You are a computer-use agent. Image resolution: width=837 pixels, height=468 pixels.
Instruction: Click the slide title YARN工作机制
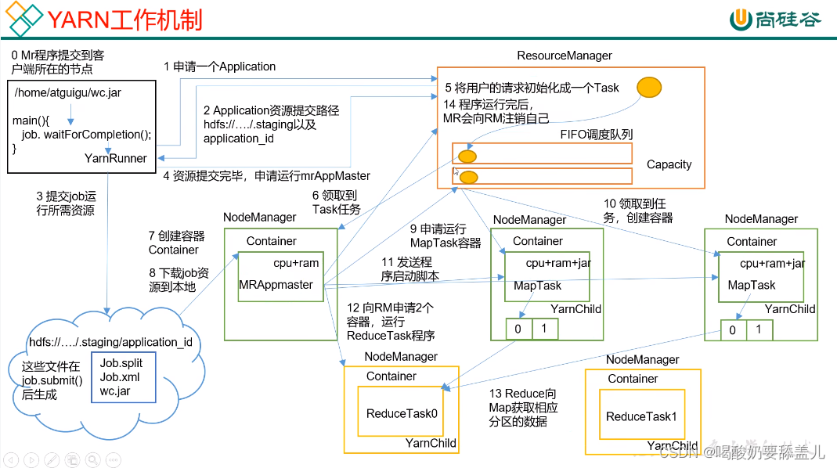[125, 18]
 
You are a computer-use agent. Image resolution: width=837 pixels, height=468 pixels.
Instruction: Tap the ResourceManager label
[564, 56]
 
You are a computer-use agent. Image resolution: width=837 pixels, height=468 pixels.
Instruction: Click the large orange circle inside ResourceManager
[648, 87]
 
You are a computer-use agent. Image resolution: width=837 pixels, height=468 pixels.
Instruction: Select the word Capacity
[669, 164]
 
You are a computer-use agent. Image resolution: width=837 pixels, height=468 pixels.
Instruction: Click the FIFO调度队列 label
[596, 135]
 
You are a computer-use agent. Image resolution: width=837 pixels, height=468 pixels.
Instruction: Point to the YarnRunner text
[116, 158]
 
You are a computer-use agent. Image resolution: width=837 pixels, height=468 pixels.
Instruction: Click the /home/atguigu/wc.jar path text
[67, 92]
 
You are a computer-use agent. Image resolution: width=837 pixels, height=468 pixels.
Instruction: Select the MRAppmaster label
[276, 285]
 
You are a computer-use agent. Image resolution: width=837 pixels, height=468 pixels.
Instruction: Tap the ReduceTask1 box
[640, 416]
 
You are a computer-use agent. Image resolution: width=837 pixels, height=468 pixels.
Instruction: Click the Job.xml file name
[120, 377]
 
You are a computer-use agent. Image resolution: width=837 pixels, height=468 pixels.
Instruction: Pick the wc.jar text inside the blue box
[115, 391]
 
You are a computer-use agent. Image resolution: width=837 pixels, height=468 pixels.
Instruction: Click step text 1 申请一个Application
[219, 67]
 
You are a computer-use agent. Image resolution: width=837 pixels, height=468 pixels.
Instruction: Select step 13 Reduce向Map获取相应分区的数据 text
[523, 407]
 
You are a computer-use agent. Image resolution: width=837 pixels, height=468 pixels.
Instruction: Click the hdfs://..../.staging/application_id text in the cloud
[110, 343]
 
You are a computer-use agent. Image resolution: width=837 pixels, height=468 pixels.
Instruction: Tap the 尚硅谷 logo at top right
[775, 20]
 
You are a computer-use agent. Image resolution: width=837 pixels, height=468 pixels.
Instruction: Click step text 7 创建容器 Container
[176, 243]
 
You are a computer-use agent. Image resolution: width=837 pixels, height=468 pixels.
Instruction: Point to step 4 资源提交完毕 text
[266, 176]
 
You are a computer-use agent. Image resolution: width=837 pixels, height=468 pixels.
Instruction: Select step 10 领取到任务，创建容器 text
[637, 211]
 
